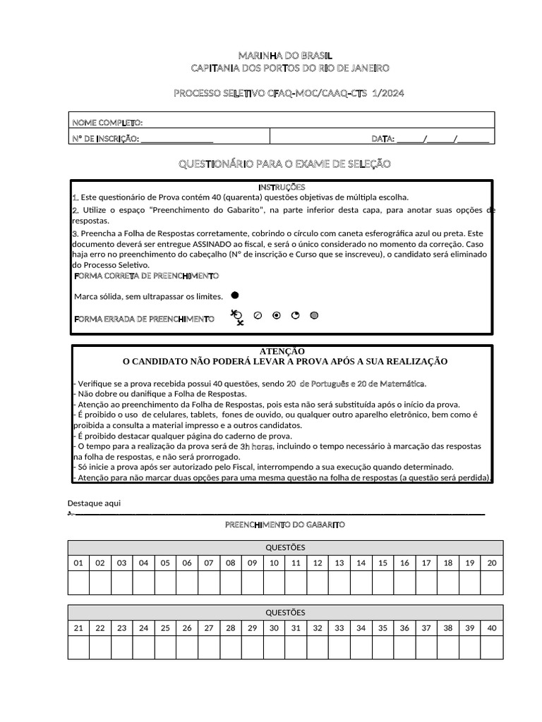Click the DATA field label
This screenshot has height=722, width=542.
(383, 139)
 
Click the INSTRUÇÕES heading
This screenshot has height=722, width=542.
(282, 187)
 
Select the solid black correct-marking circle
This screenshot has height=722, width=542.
(235, 295)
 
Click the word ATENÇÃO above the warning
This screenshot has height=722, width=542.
(282, 350)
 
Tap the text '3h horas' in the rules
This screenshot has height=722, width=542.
(256, 446)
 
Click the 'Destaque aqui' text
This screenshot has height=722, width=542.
(94, 503)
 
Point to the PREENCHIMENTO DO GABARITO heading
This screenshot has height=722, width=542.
(285, 525)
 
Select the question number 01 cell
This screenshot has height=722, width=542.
(78, 563)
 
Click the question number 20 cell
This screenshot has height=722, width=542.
(492, 563)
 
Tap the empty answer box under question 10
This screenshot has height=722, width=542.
(274, 582)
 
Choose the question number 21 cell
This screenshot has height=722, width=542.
(78, 628)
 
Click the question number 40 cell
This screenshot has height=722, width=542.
(492, 628)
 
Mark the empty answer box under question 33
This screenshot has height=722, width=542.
(339, 647)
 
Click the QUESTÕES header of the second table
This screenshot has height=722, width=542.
(285, 612)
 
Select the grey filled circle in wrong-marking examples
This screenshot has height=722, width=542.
(314, 315)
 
